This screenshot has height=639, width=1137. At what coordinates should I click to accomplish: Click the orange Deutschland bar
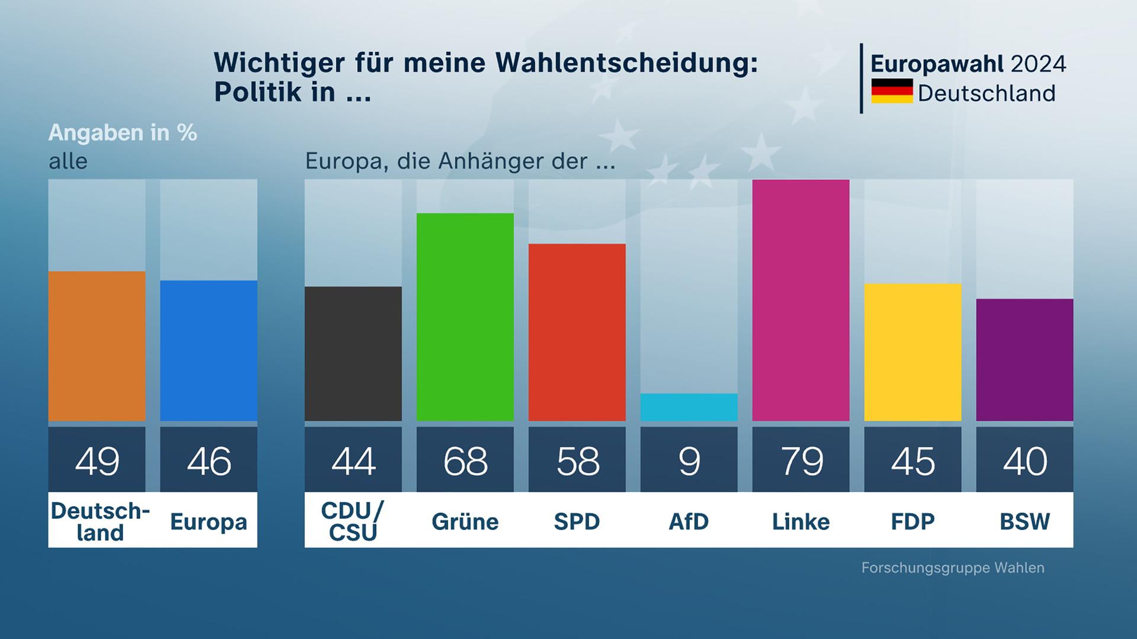tap(97, 346)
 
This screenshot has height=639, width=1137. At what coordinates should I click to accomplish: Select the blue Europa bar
tap(208, 350)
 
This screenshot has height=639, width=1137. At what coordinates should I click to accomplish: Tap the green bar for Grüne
tap(465, 317)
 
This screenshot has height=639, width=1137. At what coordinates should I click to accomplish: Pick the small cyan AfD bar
tap(689, 407)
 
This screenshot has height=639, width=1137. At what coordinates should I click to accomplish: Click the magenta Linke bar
tap(801, 300)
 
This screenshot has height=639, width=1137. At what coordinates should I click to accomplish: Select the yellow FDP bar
tap(913, 352)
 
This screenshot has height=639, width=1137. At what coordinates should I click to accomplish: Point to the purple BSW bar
tap(1024, 360)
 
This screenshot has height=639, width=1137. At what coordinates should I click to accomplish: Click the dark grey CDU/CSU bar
tap(353, 354)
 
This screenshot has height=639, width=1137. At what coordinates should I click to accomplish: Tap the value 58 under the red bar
tap(577, 461)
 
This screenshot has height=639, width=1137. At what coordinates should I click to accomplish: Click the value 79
tap(801, 461)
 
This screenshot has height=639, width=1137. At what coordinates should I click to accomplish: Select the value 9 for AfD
tap(689, 461)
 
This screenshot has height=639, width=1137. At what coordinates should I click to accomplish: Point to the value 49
tap(97, 461)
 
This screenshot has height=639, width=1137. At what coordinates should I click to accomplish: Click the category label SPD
tap(577, 521)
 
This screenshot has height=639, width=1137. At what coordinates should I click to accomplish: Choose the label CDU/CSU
tap(353, 521)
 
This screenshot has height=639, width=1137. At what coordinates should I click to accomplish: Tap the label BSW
tap(1024, 521)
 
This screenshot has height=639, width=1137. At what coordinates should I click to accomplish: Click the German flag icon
tap(892, 91)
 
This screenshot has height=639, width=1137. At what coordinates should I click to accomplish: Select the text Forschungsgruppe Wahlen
tap(952, 568)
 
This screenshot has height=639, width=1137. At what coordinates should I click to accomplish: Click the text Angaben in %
tap(123, 133)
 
